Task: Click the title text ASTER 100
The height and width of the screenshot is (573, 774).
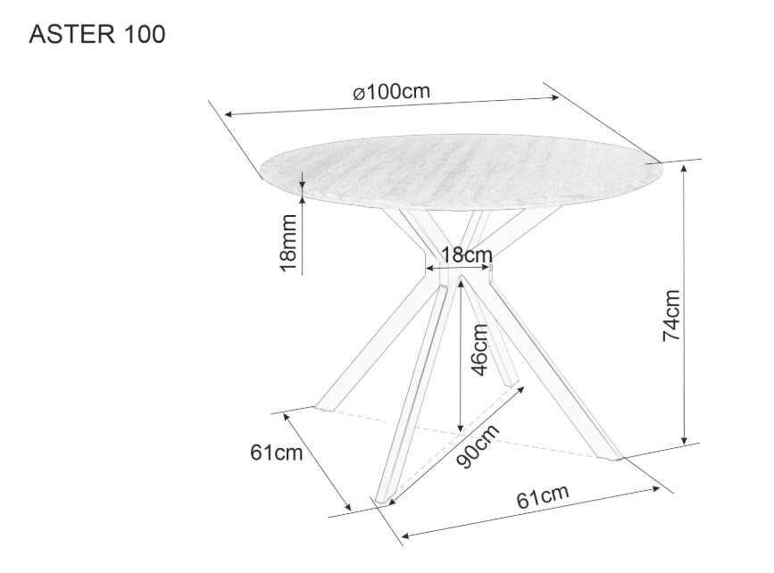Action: (97, 35)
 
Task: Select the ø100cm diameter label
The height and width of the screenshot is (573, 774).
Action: (392, 92)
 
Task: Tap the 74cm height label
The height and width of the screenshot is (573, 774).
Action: (671, 315)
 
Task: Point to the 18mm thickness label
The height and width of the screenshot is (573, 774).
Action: (287, 243)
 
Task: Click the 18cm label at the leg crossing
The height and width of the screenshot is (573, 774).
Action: (467, 255)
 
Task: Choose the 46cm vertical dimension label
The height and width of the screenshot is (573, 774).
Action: (479, 350)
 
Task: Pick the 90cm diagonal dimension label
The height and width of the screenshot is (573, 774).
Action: (478, 446)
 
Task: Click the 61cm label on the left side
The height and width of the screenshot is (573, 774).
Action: (277, 453)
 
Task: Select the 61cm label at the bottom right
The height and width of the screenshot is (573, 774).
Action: (543, 496)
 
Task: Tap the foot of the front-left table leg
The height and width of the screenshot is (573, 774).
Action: (384, 501)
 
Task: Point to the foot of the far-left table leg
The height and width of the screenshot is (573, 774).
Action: (324, 407)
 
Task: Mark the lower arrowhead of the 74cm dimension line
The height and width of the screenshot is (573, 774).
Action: (684, 439)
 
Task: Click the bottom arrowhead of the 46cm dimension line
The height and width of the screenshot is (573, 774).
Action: (460, 428)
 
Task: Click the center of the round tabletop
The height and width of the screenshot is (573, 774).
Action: (461, 171)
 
